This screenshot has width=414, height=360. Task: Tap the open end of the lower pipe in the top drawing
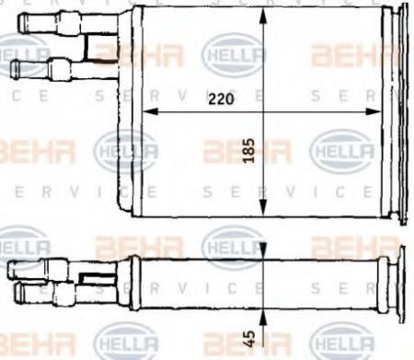pos(14,67)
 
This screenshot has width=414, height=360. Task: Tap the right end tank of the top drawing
pos(396,110)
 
